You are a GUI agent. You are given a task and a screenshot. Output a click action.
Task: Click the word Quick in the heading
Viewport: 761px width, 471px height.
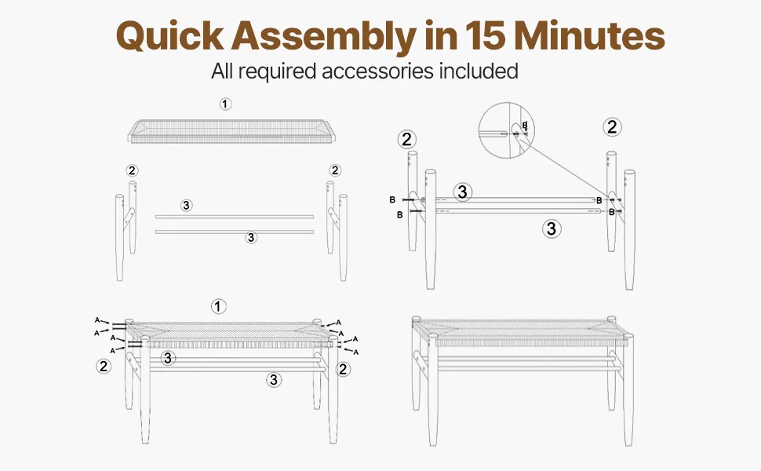coord(170,35)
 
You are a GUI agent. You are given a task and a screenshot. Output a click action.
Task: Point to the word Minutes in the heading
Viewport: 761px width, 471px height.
coord(589,35)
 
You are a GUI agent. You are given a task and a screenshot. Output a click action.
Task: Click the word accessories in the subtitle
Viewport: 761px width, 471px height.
coord(377,71)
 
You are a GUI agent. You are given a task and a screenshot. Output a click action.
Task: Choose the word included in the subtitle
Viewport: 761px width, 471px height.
coord(479,71)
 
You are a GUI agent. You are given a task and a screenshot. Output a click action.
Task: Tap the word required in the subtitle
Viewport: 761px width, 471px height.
coord(277,72)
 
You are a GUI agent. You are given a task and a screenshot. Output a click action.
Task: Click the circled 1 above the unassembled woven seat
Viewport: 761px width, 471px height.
coord(225,104)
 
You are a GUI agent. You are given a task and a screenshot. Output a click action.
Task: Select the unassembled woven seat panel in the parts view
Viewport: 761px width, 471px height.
coord(231,131)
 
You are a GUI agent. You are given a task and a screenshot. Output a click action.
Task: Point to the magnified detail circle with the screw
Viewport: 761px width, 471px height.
coord(507,130)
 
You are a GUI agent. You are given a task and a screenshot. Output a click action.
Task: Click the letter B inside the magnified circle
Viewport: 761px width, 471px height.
coord(525,126)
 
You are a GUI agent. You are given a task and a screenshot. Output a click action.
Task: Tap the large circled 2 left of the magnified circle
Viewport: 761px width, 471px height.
coord(406,140)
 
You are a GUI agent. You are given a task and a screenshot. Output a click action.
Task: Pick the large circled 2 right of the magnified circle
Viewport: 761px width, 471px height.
coord(612,127)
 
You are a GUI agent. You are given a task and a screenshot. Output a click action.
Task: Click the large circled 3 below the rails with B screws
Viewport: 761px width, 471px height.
coord(552,228)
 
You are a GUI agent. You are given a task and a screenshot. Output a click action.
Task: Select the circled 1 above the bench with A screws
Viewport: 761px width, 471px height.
coord(218,306)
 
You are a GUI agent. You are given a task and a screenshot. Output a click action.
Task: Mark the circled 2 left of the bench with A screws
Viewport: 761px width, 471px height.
coord(104,366)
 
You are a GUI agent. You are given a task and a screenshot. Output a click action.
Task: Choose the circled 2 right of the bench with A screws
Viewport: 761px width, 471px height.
coord(343,369)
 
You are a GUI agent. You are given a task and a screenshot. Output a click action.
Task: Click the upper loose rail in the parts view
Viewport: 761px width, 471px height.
coord(235,217)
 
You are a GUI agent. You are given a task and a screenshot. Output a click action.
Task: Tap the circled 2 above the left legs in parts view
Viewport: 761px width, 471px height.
coord(132,170)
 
